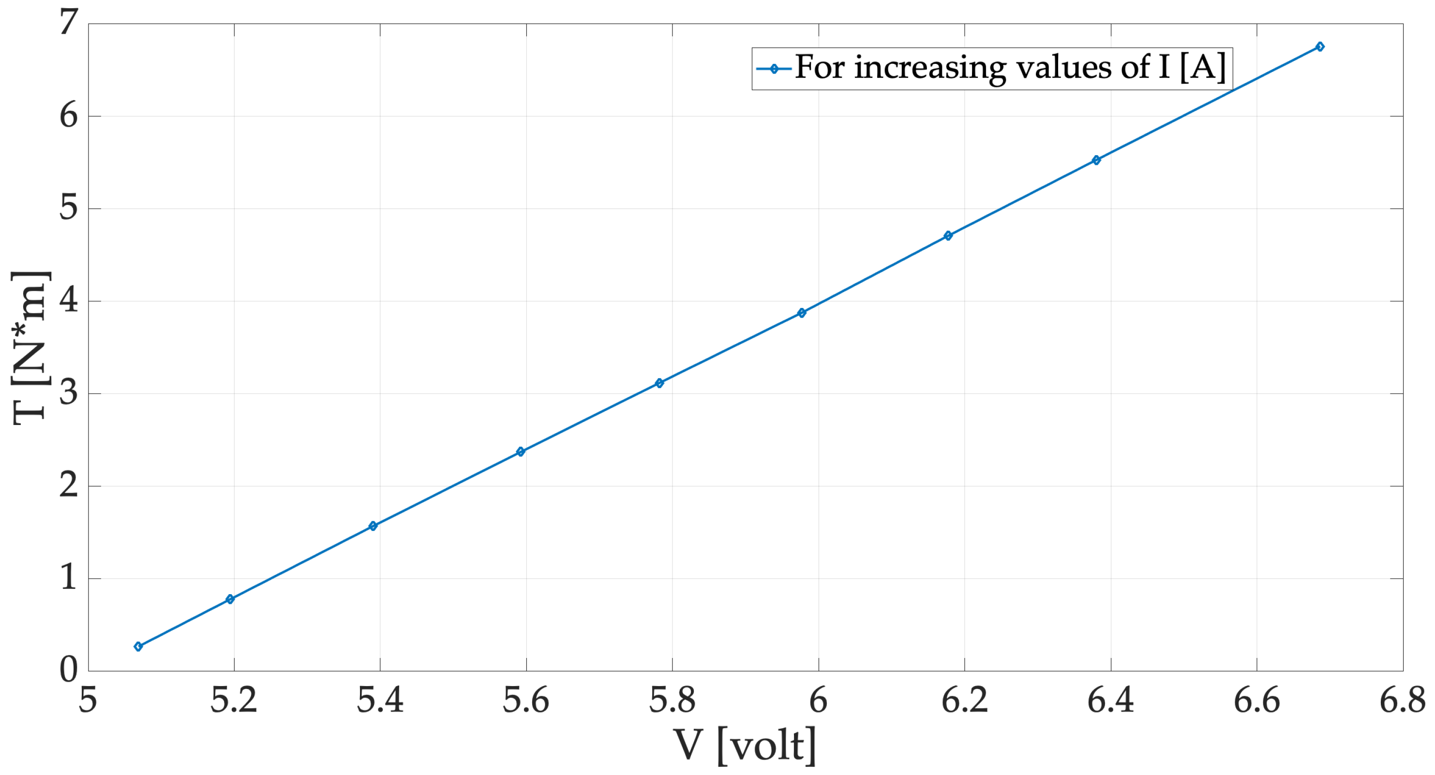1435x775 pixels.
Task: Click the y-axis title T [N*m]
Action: [x=30, y=348]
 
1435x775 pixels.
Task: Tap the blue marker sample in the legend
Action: [x=774, y=69]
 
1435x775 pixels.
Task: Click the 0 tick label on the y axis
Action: [x=69, y=669]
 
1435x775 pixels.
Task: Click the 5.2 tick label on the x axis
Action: [x=234, y=701]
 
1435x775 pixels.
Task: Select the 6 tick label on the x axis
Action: [x=818, y=701]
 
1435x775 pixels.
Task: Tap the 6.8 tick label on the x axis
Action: [x=1402, y=701]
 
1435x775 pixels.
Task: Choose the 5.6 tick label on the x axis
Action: [x=526, y=701]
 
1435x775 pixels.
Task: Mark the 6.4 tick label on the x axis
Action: [x=1110, y=701]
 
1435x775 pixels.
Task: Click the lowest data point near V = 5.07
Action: [x=138, y=646]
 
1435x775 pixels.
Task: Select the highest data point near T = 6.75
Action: [x=1320, y=47]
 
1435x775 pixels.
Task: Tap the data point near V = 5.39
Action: [x=373, y=526]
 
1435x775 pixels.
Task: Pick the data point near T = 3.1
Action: [x=659, y=383]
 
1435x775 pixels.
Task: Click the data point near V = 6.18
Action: [x=948, y=236]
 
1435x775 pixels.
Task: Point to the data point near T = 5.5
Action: [x=1096, y=161]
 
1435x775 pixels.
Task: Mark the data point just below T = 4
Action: [x=802, y=313]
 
